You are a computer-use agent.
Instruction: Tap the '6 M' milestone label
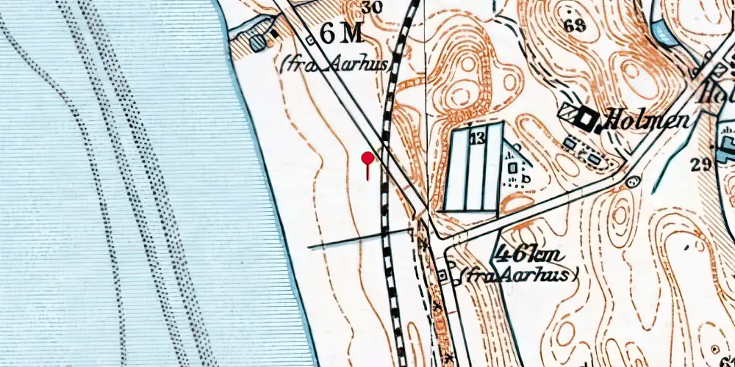(x=342, y=34)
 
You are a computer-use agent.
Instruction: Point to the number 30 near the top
(x=372, y=8)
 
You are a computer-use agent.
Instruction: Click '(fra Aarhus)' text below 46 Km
(x=519, y=275)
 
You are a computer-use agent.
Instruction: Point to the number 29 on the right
(x=702, y=164)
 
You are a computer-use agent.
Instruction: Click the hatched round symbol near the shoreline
(x=257, y=43)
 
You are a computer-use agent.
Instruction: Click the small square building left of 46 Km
(x=442, y=275)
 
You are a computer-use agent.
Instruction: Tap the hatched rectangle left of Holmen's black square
(x=567, y=113)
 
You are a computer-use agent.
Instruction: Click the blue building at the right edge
(x=727, y=139)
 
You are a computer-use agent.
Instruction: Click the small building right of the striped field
(x=512, y=167)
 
